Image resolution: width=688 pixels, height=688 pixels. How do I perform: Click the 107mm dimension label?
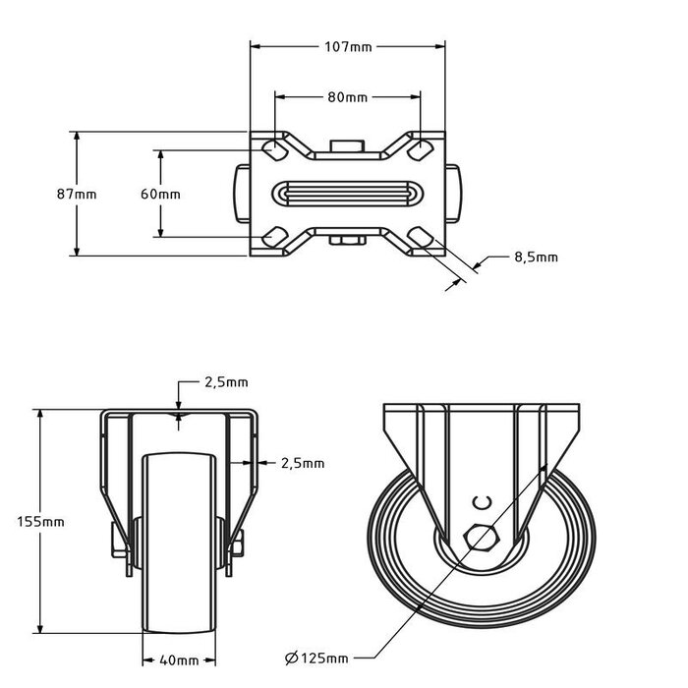[x=349, y=45]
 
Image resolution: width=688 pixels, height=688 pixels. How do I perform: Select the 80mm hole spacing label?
[x=348, y=97]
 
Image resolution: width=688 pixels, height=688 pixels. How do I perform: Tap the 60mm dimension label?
[x=160, y=194]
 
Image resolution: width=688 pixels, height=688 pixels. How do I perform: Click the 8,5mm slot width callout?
[x=536, y=258]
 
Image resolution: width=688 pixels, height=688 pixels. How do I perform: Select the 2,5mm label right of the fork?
[x=302, y=463]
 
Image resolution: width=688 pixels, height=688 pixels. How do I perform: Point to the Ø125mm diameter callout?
[x=316, y=657]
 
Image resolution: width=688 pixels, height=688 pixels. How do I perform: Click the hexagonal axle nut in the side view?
[x=481, y=538]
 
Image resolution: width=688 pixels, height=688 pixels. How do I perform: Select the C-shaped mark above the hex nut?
[x=481, y=503]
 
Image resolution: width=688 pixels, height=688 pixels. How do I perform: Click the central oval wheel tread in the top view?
[x=348, y=193]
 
